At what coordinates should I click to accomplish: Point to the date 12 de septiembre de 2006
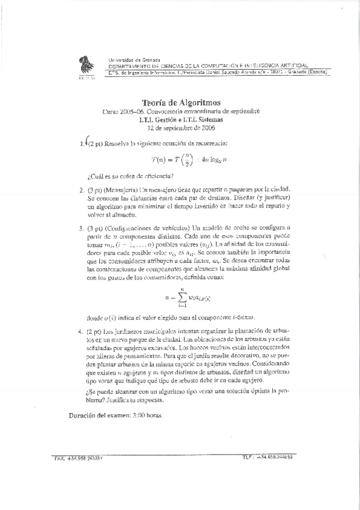[x=181, y=128]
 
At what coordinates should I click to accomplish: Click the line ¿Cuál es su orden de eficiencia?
[x=130, y=176]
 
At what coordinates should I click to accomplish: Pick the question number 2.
[x=81, y=191]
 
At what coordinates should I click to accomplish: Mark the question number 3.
[x=81, y=229]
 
